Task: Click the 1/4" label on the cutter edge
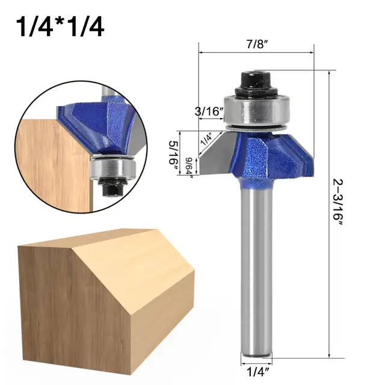click(x=206, y=140)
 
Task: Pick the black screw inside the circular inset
click(x=111, y=188)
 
